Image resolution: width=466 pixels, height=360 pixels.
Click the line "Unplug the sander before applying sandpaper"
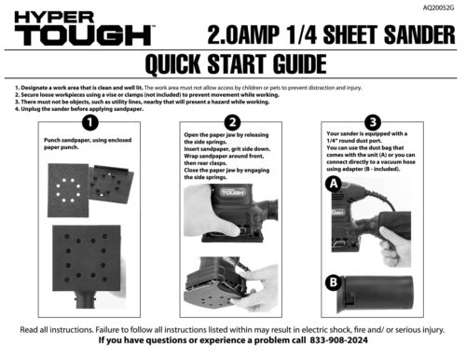pyautogui.click(x=80, y=109)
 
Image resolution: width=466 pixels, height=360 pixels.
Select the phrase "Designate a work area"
pyautogui.click(x=56, y=87)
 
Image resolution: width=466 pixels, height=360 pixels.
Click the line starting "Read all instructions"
pyautogui.click(x=232, y=329)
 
